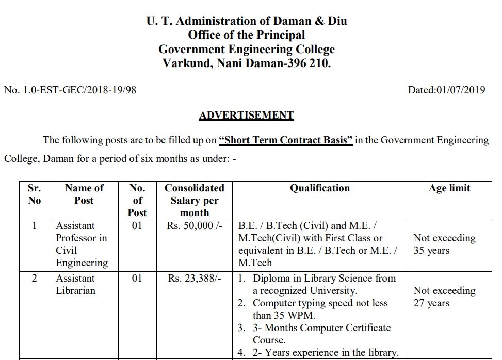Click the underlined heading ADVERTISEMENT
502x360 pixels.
coord(246,115)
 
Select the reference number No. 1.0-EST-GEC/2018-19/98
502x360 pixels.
coord(70,90)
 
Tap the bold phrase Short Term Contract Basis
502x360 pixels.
coord(286,140)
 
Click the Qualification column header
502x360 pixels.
coord(319,188)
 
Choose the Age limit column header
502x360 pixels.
coord(449,188)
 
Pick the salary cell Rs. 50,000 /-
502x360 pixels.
coord(194,226)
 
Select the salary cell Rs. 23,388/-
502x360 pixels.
coord(194,279)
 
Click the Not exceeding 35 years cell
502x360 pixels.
coord(444,244)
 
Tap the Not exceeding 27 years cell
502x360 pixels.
coord(444,297)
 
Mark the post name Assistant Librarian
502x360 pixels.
coord(75,284)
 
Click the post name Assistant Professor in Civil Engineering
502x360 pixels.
coord(82,244)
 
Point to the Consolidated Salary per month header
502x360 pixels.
coord(194,200)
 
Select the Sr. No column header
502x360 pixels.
coord(34,194)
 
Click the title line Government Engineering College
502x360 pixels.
coord(246,50)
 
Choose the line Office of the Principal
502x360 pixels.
coord(246,35)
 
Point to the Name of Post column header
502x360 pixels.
coord(84,194)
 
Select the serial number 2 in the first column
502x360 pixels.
coord(34,279)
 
